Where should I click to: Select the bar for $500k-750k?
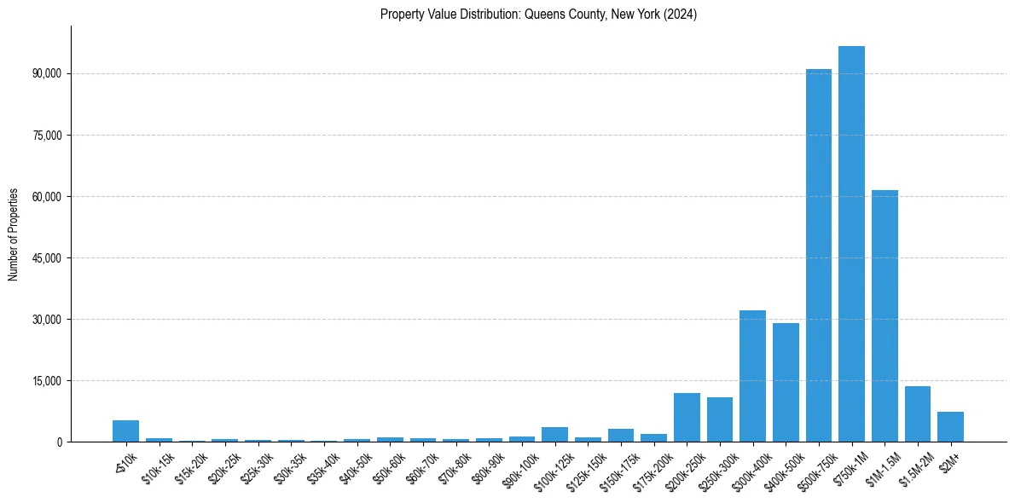click(x=819, y=256)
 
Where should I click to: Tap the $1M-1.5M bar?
click(x=884, y=315)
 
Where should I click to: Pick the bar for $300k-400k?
click(x=752, y=376)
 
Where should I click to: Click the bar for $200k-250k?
click(x=687, y=417)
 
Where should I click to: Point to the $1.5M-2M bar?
click(x=918, y=414)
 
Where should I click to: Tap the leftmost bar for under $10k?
click(x=125, y=431)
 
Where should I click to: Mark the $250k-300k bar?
click(x=720, y=419)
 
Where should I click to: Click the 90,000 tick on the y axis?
click(x=47, y=74)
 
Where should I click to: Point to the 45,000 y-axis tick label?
click(x=47, y=258)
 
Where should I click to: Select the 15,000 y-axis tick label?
click(x=47, y=381)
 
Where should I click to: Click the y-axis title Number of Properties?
click(x=14, y=234)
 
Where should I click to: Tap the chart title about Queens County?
click(x=538, y=14)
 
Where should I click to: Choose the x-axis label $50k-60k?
click(x=386, y=467)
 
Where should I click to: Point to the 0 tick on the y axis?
click(x=60, y=442)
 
